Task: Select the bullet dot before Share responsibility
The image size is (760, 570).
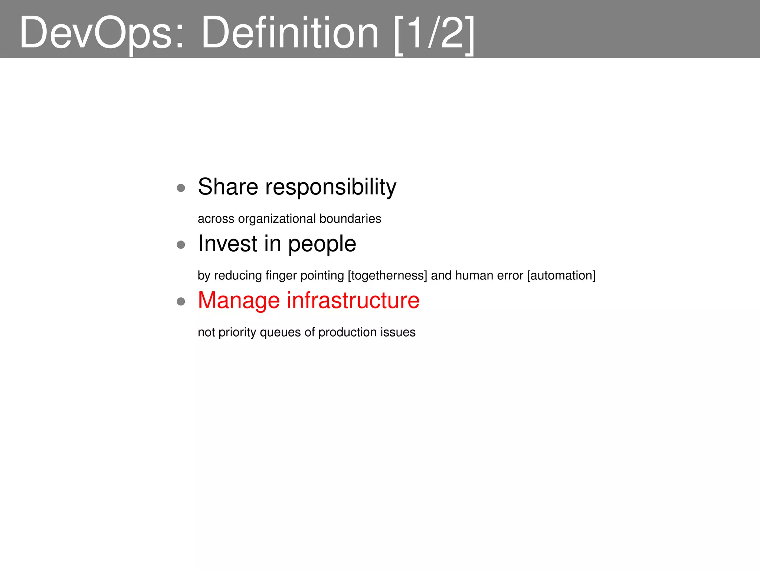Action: pos(181,188)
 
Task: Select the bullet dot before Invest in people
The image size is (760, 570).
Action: pos(181,245)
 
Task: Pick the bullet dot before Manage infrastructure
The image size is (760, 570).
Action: pos(181,301)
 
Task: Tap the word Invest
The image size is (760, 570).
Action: pos(227,244)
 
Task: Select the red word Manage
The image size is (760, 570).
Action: pos(239,301)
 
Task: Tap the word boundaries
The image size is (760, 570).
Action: pos(350,219)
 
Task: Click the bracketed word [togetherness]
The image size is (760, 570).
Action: pos(387,276)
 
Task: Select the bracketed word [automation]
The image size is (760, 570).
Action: pos(561,276)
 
